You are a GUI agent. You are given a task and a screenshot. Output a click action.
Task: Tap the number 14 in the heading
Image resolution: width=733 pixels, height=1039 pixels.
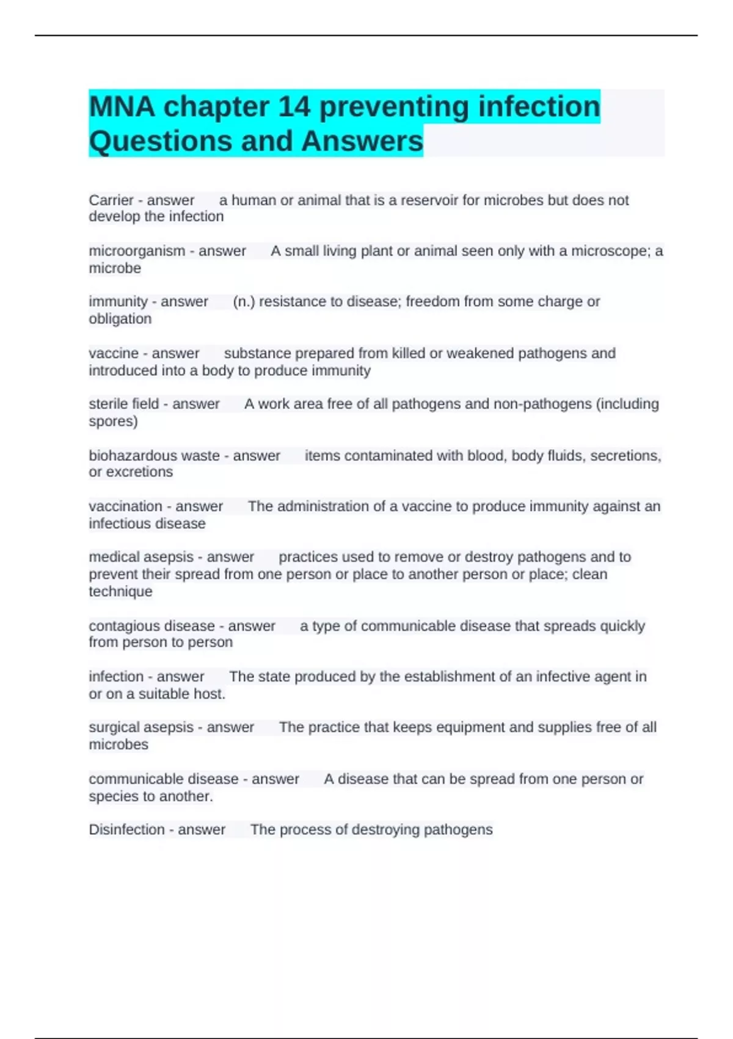point(296,107)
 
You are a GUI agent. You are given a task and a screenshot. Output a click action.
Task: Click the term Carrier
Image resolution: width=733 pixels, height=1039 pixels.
point(111,200)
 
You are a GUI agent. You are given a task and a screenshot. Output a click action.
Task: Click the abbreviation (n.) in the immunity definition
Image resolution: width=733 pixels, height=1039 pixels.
point(244,301)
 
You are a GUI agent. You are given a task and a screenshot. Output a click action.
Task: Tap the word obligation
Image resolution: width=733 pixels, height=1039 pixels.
point(120,318)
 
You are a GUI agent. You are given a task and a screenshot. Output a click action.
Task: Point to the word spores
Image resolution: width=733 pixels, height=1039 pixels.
point(113,421)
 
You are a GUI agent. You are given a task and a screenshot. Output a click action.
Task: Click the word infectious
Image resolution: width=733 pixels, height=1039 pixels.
point(113,523)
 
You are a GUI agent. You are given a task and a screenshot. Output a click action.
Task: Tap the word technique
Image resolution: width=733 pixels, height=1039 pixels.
point(120,591)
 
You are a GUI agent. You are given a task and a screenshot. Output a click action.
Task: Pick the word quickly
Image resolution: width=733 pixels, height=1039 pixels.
point(622,626)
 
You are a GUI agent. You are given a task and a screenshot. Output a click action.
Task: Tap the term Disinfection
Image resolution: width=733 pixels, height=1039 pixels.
point(126,829)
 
